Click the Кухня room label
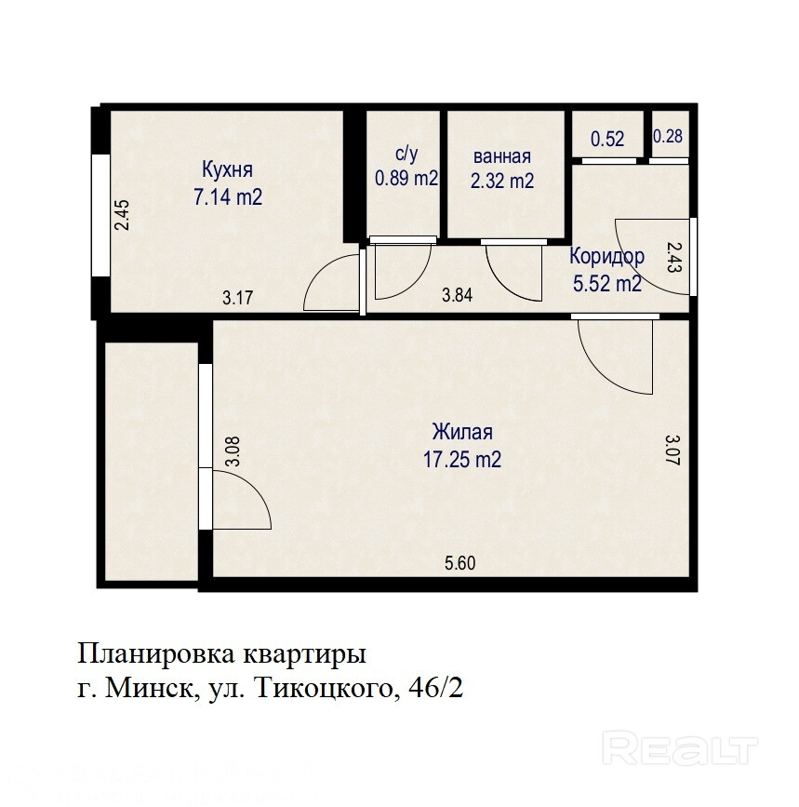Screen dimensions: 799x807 coord(227,169)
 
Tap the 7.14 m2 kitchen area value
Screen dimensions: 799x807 coord(228,196)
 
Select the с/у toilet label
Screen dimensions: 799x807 coord(406,153)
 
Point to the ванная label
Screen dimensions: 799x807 coord(502,156)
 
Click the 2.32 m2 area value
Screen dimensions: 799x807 coord(502,181)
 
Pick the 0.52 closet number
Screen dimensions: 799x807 coord(607,139)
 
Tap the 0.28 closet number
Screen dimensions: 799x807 coord(667,136)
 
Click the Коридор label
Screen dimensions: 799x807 coord(606,256)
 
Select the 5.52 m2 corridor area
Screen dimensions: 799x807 coord(607,284)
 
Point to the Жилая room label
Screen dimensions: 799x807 coord(462,432)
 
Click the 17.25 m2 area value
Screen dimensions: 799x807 coord(461,459)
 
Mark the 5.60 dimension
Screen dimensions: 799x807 coord(459,563)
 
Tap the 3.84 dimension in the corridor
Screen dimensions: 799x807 coord(457,295)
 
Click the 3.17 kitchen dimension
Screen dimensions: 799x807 coord(237,298)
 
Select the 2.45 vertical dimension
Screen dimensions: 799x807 coord(122,214)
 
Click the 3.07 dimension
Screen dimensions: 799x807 coord(672,450)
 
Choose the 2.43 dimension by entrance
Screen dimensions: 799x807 coord(673,257)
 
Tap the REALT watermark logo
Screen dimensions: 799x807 coord(680,749)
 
